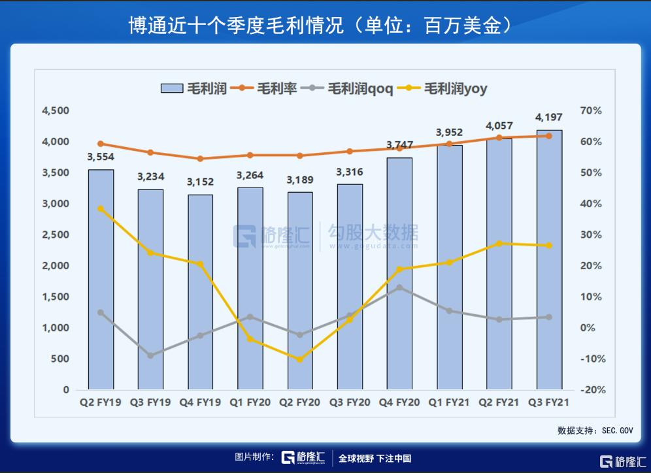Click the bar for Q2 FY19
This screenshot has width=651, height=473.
pyautogui.click(x=101, y=280)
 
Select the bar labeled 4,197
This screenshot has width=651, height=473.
pyautogui.click(x=549, y=260)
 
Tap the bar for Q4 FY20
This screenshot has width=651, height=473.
pyautogui.click(x=399, y=274)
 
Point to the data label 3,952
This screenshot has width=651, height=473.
pyautogui.click(x=450, y=133)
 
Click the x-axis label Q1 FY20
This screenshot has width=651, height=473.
pyautogui.click(x=250, y=403)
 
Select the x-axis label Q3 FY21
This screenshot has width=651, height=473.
pyautogui.click(x=549, y=403)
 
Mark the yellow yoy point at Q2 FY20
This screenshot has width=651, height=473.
pyautogui.click(x=300, y=359)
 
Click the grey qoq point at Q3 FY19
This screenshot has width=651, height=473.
pyautogui.click(x=150, y=355)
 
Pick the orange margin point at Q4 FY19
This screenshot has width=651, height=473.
pyautogui.click(x=200, y=159)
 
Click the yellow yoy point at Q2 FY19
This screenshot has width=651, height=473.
pyautogui.click(x=101, y=208)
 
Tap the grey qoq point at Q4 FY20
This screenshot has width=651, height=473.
pyautogui.click(x=399, y=287)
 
